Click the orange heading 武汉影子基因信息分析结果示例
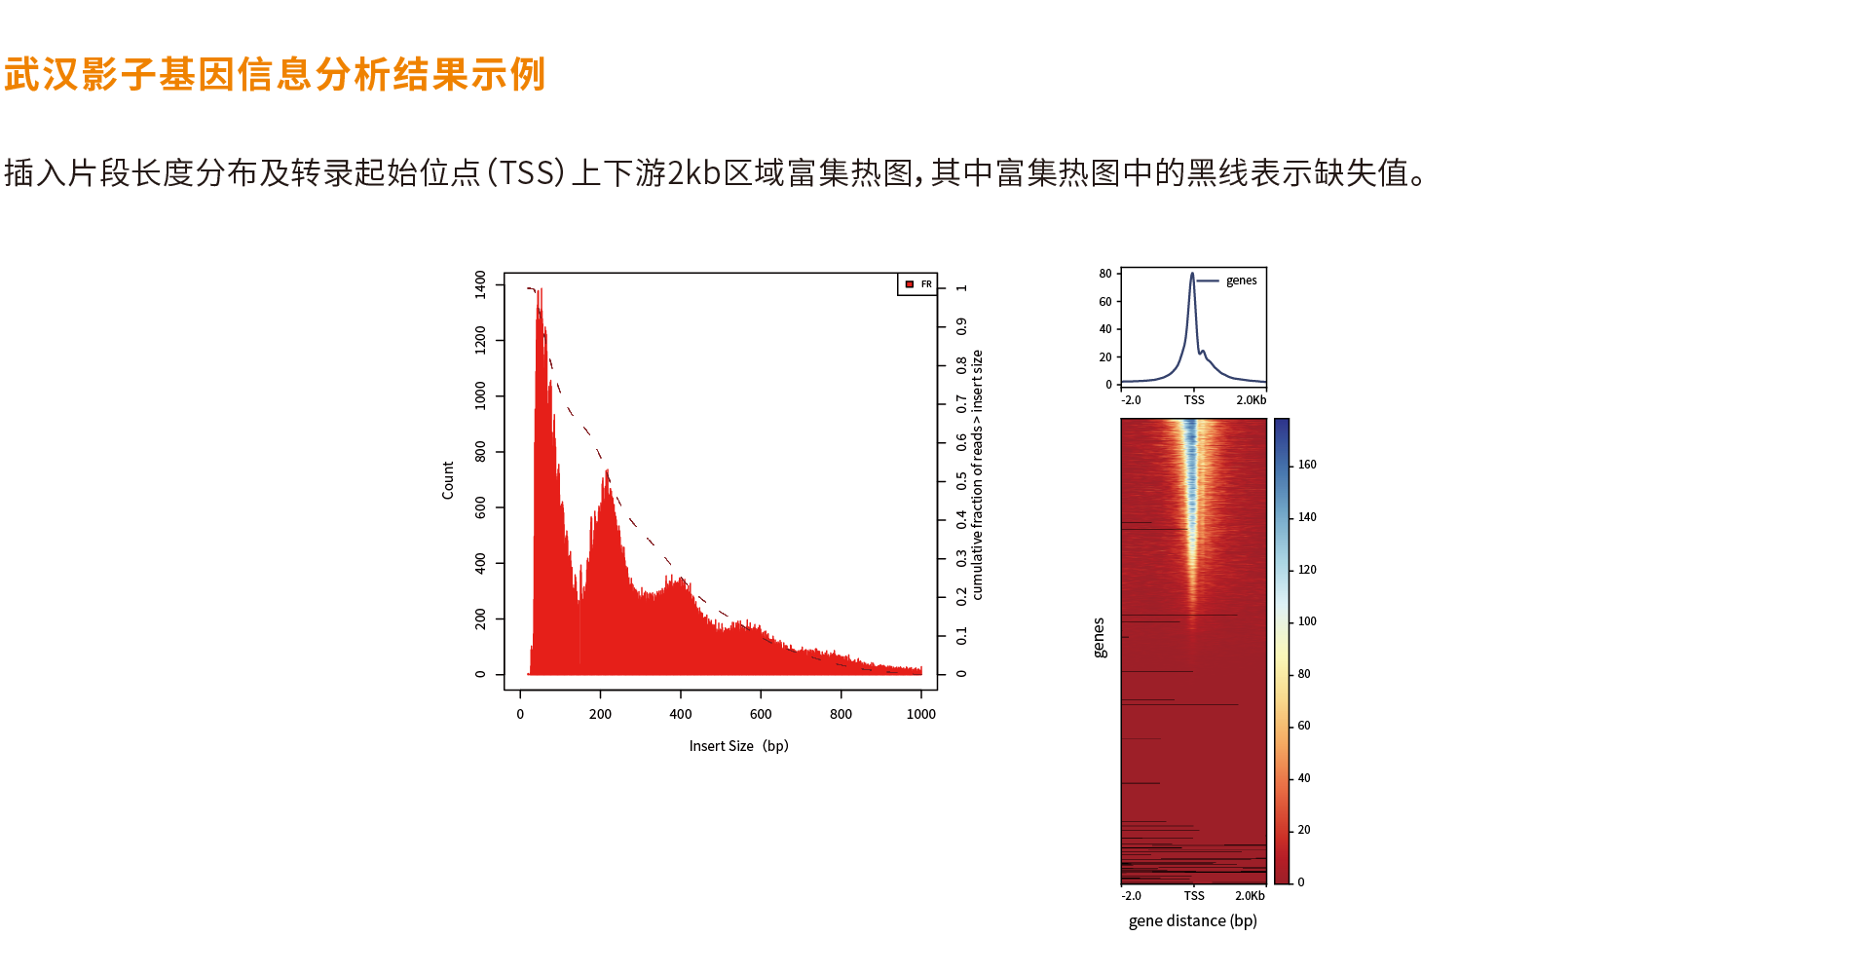(275, 75)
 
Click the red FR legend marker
(910, 284)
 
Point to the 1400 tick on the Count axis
(480, 284)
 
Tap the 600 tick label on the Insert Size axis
(761, 714)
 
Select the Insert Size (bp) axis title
(738, 746)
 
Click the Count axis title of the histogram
(448, 480)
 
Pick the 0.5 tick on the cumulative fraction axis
(961, 481)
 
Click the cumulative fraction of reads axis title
(977, 474)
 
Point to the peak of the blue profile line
(1192, 275)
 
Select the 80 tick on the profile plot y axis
(1105, 274)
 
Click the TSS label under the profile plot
(1194, 400)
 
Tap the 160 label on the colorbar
(1307, 465)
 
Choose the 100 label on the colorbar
(1307, 621)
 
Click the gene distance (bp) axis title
(1192, 921)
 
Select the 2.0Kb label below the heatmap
(1250, 896)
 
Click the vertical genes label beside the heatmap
(1100, 638)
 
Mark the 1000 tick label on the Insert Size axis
(920, 714)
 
